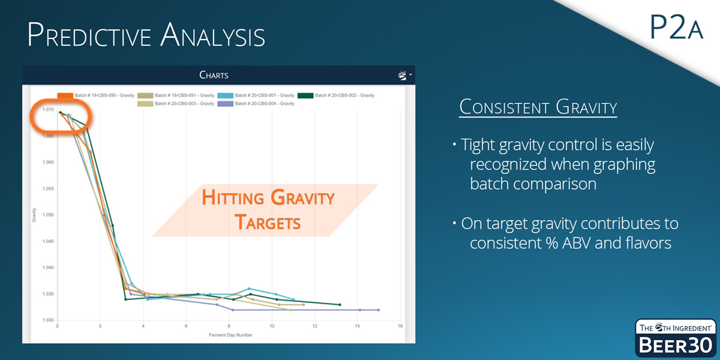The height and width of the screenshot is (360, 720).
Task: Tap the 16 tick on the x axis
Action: point(400,326)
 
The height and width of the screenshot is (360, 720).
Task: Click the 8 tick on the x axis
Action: point(229,326)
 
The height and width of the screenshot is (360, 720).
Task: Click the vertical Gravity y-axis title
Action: point(34,215)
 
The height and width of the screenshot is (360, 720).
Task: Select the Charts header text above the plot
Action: point(214,76)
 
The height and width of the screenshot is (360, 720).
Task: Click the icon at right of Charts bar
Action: point(403,76)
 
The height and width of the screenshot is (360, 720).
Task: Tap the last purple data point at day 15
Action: point(379,310)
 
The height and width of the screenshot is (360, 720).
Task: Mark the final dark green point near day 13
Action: point(340,305)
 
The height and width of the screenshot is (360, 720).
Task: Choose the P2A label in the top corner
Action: point(676,28)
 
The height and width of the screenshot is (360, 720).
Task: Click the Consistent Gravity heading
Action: point(538,108)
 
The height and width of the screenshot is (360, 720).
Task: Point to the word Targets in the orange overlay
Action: point(267,223)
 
